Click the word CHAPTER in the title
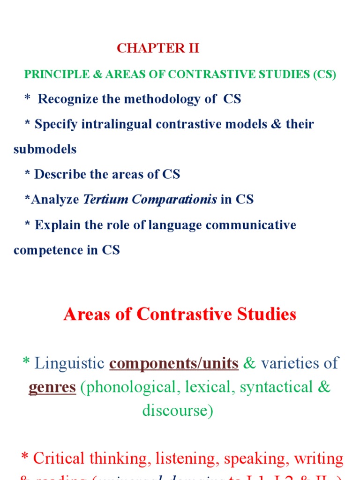click(145, 49)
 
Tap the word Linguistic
click(69, 363)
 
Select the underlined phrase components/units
click(174, 363)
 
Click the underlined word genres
click(52, 387)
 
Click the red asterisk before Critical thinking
click(25, 457)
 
